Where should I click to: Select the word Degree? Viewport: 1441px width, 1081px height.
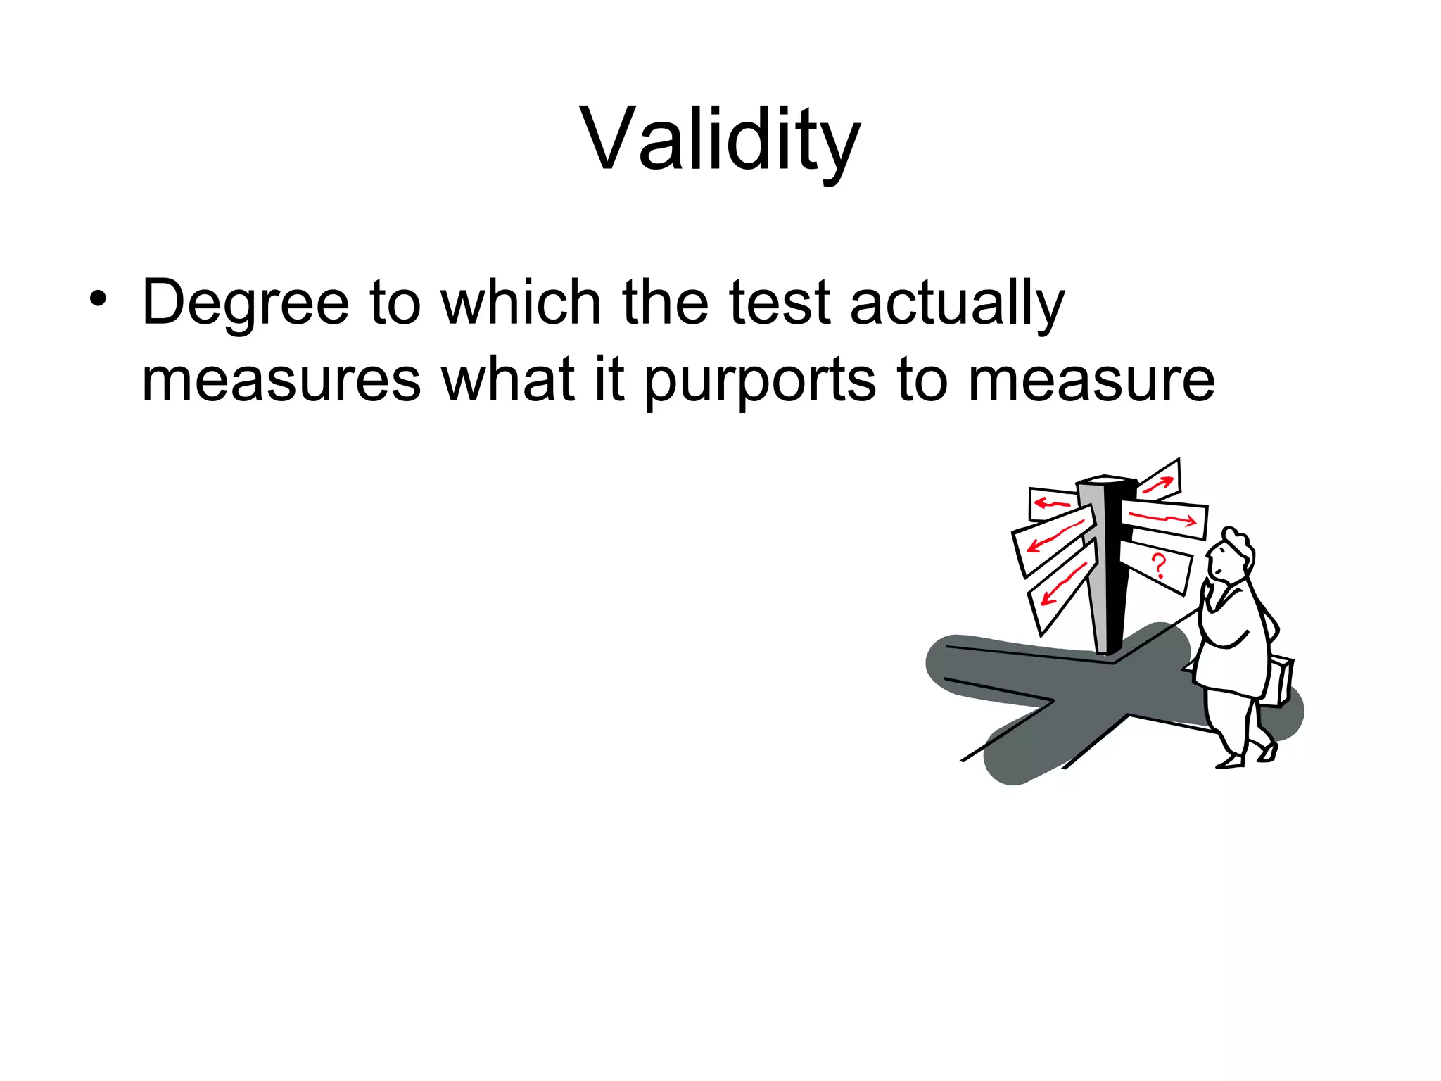click(x=246, y=304)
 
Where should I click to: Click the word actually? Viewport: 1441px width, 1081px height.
click(x=957, y=304)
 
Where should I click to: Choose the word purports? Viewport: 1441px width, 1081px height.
click(x=761, y=381)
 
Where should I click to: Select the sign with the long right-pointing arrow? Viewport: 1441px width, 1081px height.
click(x=1164, y=519)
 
